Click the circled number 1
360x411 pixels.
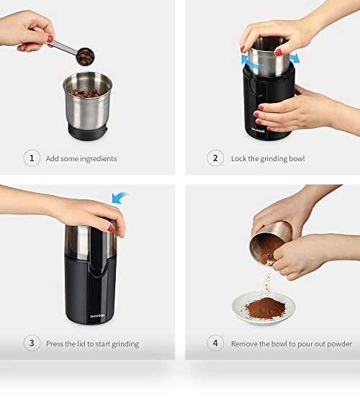pyautogui.click(x=32, y=158)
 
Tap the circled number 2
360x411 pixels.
pyautogui.click(x=215, y=158)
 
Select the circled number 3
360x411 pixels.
pyautogui.click(x=32, y=343)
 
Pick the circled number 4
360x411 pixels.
pyautogui.click(x=215, y=343)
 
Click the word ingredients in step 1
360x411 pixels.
pyautogui.click(x=99, y=159)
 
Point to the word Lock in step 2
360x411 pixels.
pyautogui.click(x=238, y=158)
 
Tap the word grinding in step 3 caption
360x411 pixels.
pyautogui.click(x=125, y=344)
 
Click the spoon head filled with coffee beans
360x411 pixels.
pyautogui.click(x=86, y=57)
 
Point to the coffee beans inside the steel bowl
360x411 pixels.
pyautogui.click(x=85, y=93)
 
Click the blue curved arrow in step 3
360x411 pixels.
pyautogui.click(x=120, y=198)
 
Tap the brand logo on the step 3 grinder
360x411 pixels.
pyautogui.click(x=97, y=316)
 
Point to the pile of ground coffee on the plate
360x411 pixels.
pyautogui.click(x=266, y=308)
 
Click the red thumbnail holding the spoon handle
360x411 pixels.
pyautogui.click(x=50, y=39)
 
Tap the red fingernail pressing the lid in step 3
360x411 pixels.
pyautogui.click(x=112, y=229)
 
